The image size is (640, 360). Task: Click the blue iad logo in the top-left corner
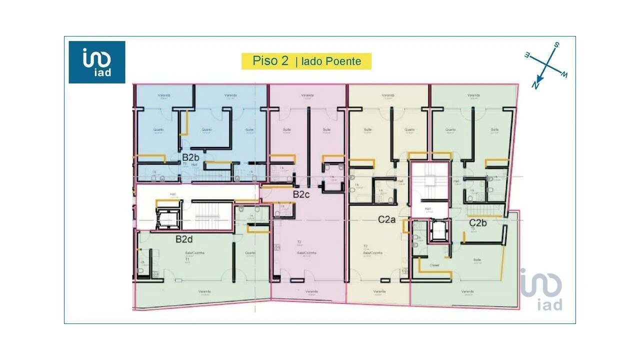coord(97,62)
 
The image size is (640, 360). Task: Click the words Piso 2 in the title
coord(270,61)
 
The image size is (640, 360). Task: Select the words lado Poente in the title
coord(331,61)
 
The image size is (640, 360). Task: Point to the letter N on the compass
coord(535,85)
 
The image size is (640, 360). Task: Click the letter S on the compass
coord(556,45)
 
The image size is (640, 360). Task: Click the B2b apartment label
coord(190,157)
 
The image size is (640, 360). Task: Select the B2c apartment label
coord(301,194)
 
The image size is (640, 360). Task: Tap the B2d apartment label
coord(184,239)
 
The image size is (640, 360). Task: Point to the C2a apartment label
coord(387,218)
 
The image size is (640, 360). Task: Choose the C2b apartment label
coord(477,222)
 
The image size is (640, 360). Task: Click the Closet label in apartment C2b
coord(434,265)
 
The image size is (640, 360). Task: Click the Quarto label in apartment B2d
coord(250,252)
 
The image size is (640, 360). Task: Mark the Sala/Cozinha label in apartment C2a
coord(373,253)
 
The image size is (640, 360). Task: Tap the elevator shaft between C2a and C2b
coord(437,230)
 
